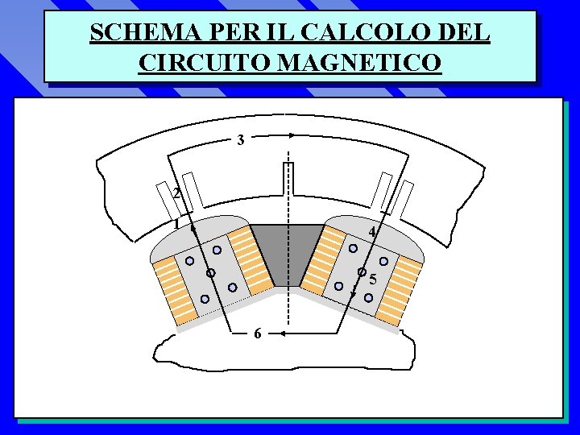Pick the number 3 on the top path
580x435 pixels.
click(241, 140)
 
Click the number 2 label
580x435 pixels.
click(176, 193)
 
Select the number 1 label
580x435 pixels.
click(176, 225)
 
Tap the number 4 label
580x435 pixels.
click(371, 233)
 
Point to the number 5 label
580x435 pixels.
click(373, 280)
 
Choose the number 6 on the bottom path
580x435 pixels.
click(256, 333)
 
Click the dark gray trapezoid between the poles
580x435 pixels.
click(288, 250)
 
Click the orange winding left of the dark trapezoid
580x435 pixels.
click(251, 259)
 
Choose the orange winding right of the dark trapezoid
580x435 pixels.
click(325, 258)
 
